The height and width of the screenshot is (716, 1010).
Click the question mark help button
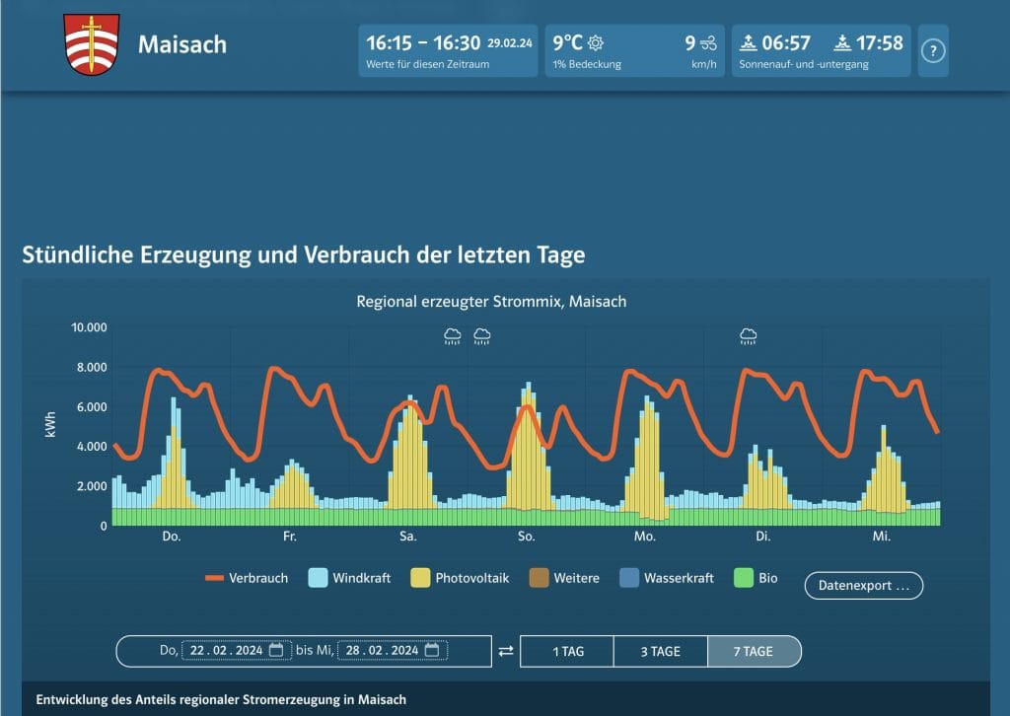coord(933,51)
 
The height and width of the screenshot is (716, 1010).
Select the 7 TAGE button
coord(754,651)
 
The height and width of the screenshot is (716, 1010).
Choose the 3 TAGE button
coord(660,651)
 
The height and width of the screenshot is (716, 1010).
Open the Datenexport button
coord(863,585)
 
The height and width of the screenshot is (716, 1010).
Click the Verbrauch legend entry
coord(247,578)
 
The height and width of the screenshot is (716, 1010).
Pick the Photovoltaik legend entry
coord(461,578)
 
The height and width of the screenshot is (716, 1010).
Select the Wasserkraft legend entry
coord(666,578)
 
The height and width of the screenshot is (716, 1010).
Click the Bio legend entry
coord(756,578)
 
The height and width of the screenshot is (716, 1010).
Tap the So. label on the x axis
coord(527,537)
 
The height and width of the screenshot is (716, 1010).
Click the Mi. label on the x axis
coord(882,537)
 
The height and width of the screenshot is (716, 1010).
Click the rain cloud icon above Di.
coord(749,337)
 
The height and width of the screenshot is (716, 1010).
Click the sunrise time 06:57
coord(785,43)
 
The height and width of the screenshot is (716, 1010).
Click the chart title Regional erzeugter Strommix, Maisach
coord(491,301)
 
